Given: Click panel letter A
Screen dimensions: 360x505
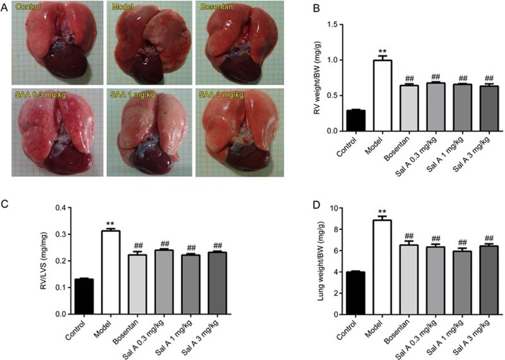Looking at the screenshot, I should click(6, 7).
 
